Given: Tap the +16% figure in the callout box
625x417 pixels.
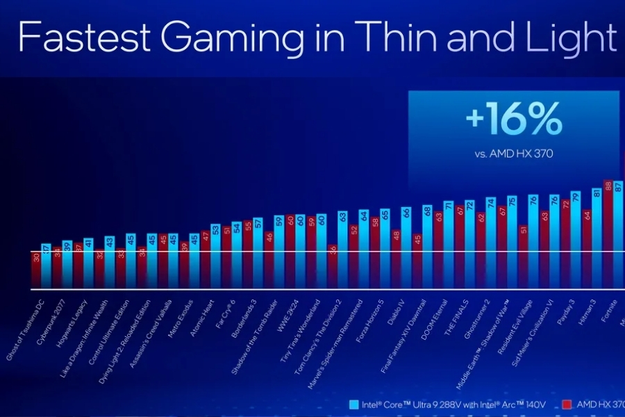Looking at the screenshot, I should coord(513,121).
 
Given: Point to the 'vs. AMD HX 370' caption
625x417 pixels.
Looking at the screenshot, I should coord(514,155).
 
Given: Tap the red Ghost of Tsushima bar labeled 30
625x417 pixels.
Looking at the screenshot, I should coord(36,271).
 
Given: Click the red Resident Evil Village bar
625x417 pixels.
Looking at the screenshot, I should coord(523,257).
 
